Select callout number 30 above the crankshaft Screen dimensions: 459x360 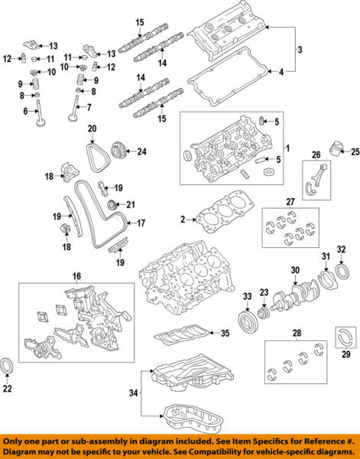click(x=294, y=270)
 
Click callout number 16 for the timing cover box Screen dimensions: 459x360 click(x=76, y=275)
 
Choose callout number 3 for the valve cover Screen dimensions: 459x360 click(x=300, y=50)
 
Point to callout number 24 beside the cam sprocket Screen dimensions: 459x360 click(x=141, y=151)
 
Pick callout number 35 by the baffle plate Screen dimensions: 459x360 click(x=225, y=333)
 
